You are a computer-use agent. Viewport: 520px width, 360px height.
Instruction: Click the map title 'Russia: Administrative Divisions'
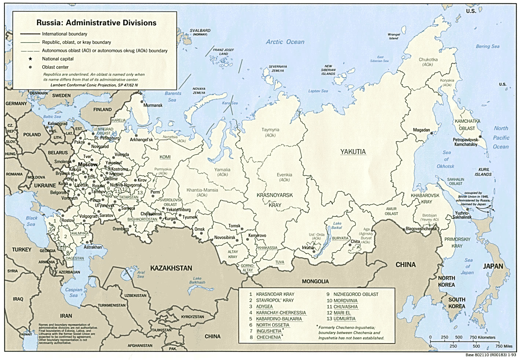[96, 23]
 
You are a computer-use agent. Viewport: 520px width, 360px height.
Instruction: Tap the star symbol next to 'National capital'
[30, 59]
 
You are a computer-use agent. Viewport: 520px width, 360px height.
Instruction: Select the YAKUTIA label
[353, 152]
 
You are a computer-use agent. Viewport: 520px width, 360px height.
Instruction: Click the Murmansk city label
[153, 105]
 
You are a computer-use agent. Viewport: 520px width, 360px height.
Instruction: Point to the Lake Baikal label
[337, 225]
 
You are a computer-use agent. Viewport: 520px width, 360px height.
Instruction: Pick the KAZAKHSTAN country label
[172, 268]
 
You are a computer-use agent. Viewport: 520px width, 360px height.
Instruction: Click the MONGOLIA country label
[315, 282]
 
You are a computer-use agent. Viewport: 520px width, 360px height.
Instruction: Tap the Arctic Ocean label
[285, 42]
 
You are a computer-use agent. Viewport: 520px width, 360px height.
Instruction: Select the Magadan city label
[421, 130]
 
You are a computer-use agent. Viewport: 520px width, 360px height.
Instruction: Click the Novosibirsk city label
[225, 238]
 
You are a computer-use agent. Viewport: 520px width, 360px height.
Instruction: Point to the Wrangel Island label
[393, 36]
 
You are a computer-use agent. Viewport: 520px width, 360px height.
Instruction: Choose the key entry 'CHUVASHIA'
[345, 307]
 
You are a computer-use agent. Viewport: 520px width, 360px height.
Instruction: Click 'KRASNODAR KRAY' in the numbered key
[275, 294]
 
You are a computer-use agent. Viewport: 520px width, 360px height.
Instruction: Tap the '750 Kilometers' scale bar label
[482, 337]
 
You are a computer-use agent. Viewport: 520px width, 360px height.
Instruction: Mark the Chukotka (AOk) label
[428, 62]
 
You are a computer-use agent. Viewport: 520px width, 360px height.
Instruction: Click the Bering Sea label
[487, 47]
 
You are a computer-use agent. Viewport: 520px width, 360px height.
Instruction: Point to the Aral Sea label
[141, 274]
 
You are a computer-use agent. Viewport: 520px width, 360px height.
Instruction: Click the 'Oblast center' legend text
[55, 67]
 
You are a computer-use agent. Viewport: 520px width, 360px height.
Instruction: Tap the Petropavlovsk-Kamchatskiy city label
[466, 142]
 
